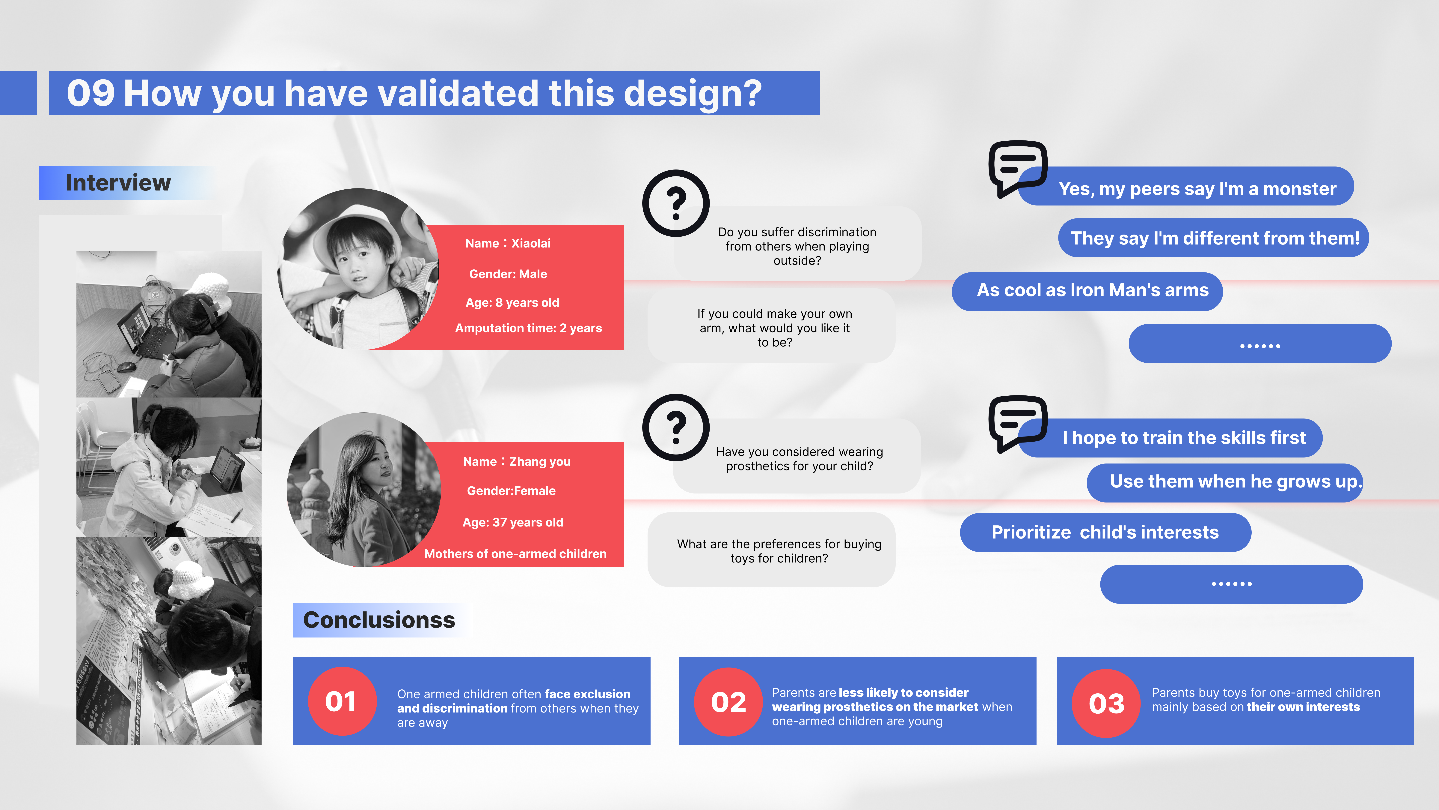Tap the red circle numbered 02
(728, 702)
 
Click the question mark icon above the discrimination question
(676, 203)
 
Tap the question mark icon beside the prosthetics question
(676, 428)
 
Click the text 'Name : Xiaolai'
(508, 243)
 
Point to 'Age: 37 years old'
(513, 522)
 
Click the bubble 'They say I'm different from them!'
(1213, 238)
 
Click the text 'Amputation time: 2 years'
(528, 328)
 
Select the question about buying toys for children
(779, 551)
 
